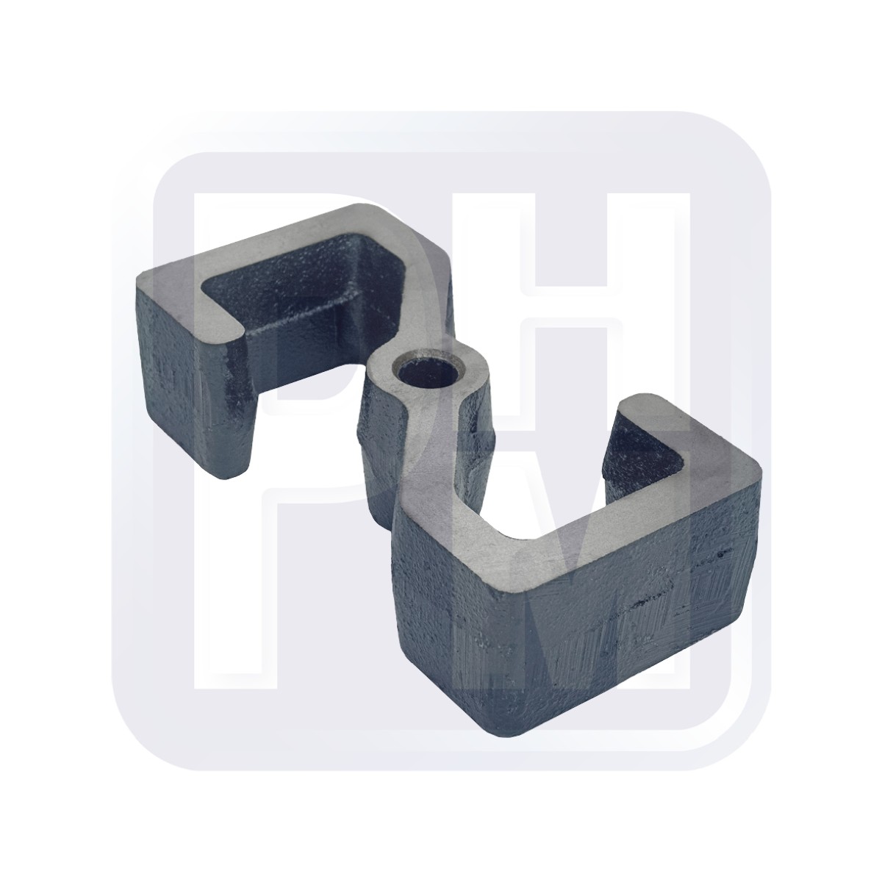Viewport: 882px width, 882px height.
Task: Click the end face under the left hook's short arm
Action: pos(243,412)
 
